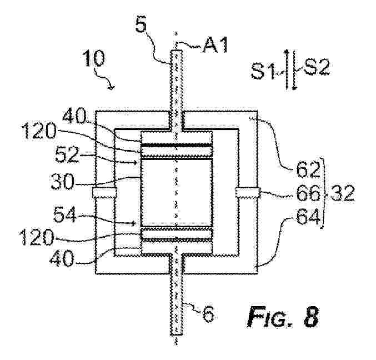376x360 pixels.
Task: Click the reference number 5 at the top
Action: pyautogui.click(x=141, y=24)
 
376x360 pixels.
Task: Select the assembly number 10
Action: pyautogui.click(x=93, y=59)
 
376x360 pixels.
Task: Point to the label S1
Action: pyautogui.click(x=263, y=71)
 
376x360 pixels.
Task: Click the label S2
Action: pyautogui.click(x=317, y=67)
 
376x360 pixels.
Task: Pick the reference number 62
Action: pyautogui.click(x=308, y=169)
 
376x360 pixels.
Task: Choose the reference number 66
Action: pyautogui.click(x=308, y=193)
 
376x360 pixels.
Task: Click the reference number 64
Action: pyautogui.click(x=308, y=217)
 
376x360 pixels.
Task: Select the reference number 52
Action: pyautogui.click(x=67, y=154)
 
